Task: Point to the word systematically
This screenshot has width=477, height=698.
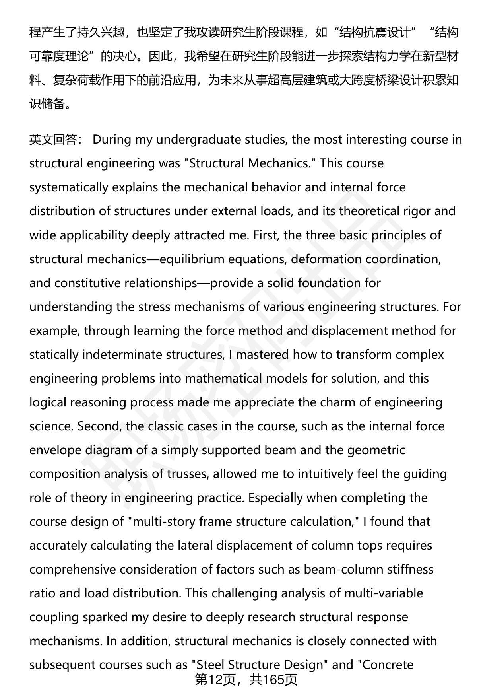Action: [x=69, y=187]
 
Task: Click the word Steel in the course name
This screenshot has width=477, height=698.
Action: [x=213, y=665]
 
